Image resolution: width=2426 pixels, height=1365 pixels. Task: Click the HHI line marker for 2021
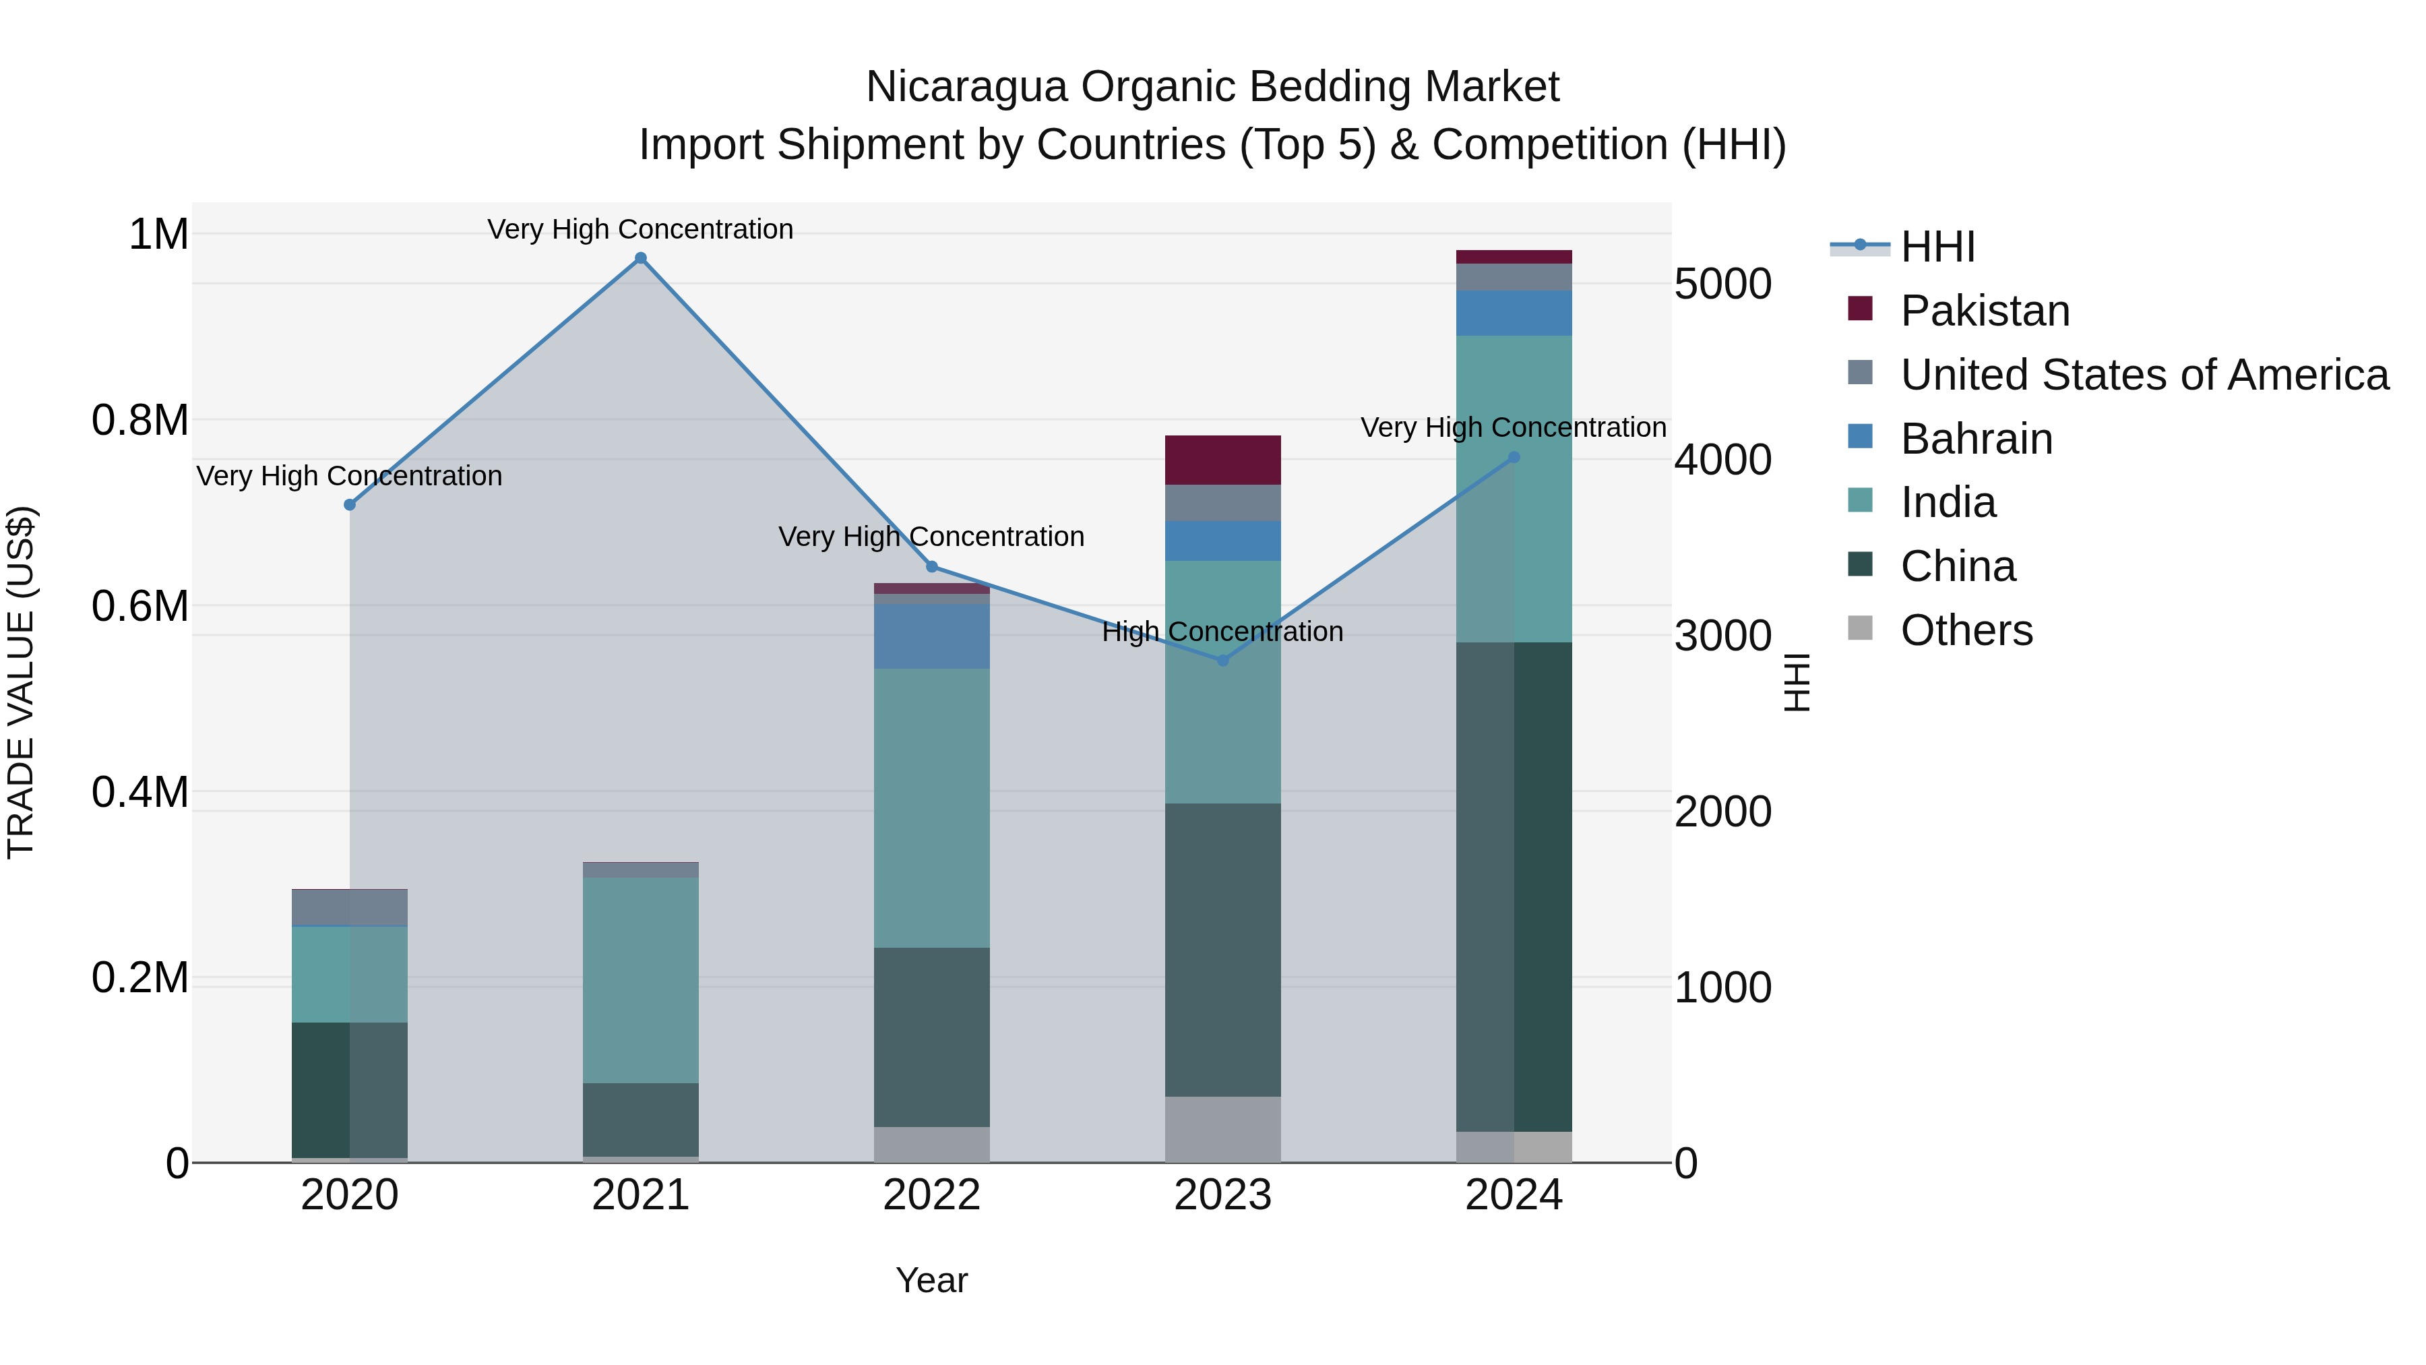(x=640, y=258)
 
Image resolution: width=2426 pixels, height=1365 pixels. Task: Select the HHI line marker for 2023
(x=1222, y=661)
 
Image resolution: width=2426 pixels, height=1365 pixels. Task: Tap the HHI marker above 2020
(x=349, y=505)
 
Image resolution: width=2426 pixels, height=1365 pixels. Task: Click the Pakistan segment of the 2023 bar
(x=1222, y=460)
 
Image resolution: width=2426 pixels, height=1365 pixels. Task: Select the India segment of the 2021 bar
(x=640, y=979)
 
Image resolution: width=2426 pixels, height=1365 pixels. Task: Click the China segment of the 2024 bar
(x=1514, y=886)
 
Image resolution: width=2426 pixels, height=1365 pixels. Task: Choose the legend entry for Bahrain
(x=1976, y=439)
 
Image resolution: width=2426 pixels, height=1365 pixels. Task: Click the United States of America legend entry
(x=2144, y=375)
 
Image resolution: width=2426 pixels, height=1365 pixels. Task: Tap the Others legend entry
(x=1966, y=630)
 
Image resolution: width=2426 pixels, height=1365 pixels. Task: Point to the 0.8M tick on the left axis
(x=139, y=420)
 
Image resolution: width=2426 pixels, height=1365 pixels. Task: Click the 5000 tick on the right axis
(x=1722, y=284)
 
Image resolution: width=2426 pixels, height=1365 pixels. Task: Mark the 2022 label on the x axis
(x=931, y=1195)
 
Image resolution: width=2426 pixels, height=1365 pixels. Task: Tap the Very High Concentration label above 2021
(x=640, y=229)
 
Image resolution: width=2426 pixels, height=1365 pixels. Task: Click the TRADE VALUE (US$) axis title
(x=21, y=682)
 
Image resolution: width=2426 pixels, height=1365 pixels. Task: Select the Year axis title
(x=931, y=1280)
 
